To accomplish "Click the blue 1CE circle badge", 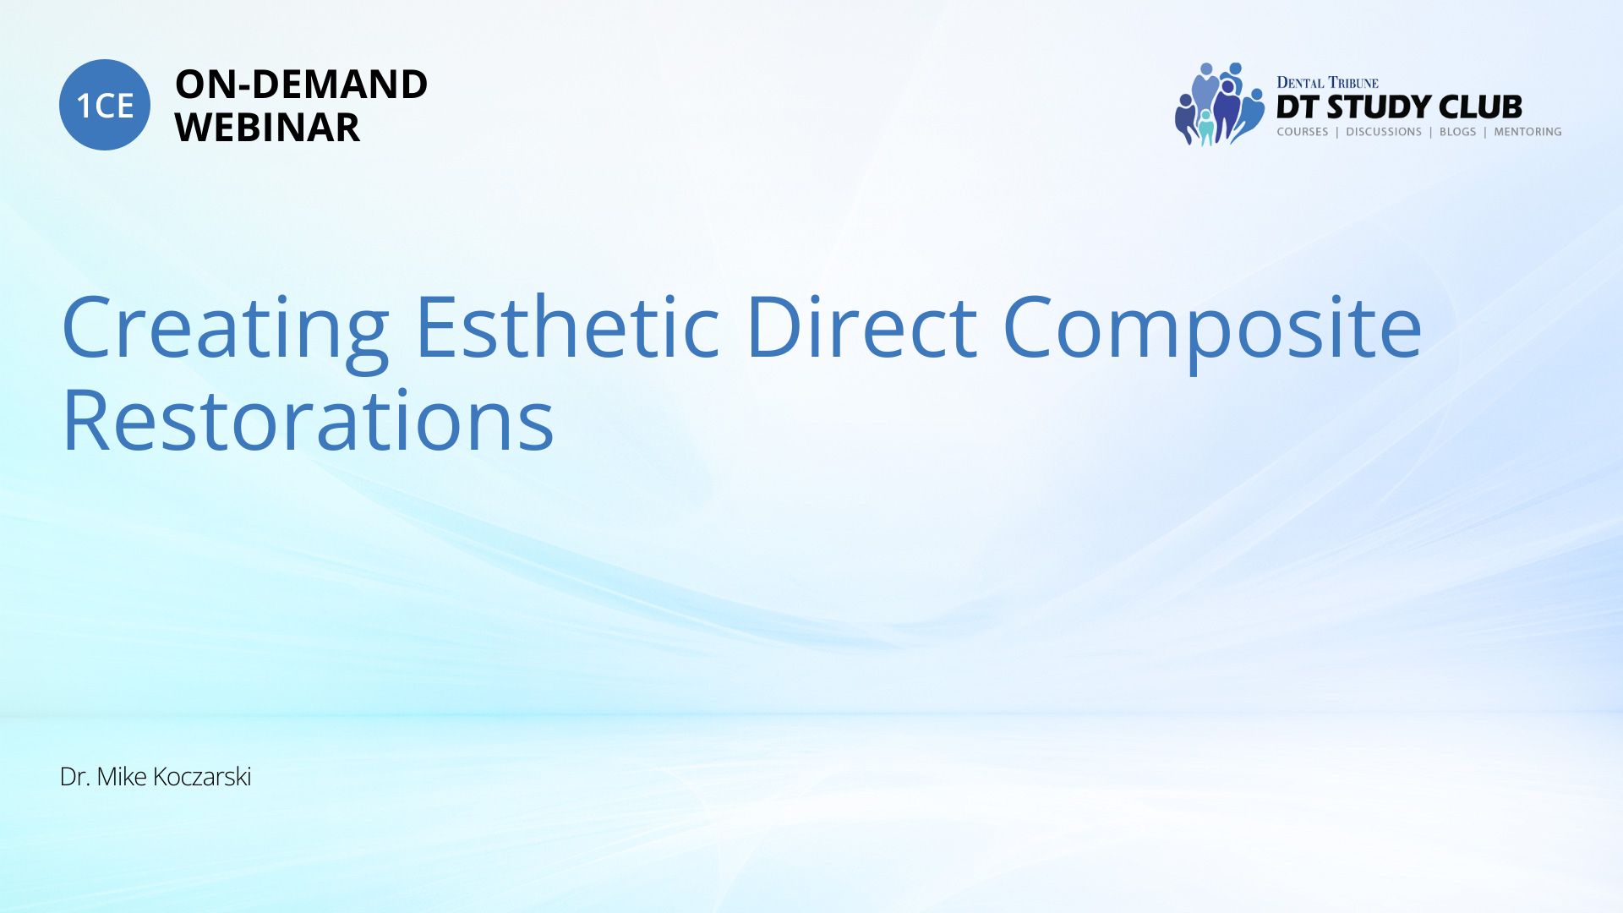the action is [x=105, y=105].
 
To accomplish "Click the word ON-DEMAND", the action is [x=301, y=85].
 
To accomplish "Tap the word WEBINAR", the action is [x=267, y=128].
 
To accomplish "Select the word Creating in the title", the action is [x=225, y=331].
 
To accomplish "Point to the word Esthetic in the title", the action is [x=567, y=325].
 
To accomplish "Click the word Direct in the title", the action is [x=861, y=325].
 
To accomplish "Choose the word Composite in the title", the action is [x=1212, y=331].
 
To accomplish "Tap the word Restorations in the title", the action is [x=308, y=419].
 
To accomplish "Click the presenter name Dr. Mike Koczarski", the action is [x=156, y=777].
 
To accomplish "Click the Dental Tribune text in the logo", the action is [x=1327, y=83].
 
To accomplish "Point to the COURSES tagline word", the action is [x=1303, y=132].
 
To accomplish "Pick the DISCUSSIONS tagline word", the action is [x=1384, y=132].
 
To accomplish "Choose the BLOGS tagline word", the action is [x=1457, y=132].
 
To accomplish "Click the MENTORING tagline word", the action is [x=1527, y=132].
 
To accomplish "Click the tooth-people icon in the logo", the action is [x=1220, y=104].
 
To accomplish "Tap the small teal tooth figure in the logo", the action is [x=1206, y=128].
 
